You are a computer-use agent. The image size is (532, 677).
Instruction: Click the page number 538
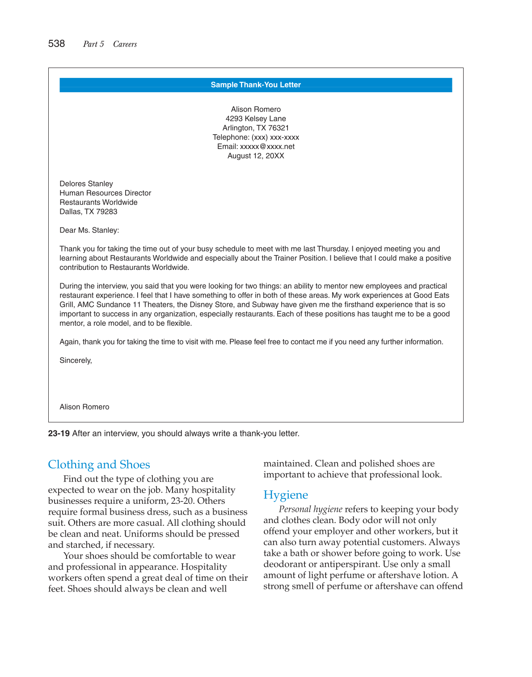coord(56,44)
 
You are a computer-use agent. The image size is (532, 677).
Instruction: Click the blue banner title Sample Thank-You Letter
coord(256,85)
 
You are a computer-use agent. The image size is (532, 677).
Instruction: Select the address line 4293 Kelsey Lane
coord(256,119)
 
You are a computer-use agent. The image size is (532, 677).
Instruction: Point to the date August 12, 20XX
coord(256,156)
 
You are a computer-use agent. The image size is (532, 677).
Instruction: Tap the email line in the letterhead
coord(256,146)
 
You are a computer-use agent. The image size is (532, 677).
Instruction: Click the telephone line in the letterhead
coord(256,137)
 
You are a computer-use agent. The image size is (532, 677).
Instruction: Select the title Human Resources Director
coord(105,193)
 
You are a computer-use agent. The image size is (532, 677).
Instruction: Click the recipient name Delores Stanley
coord(86,183)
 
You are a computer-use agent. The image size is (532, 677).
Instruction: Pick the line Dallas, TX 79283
coord(89,212)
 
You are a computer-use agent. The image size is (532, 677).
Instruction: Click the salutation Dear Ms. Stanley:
coord(89,230)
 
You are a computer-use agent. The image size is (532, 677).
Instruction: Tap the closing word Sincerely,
coord(76,361)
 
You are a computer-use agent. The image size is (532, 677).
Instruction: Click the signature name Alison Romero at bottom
coord(84,407)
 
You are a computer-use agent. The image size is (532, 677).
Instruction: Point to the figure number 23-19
coord(59,434)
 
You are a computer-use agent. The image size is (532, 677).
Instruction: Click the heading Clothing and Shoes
coord(99,464)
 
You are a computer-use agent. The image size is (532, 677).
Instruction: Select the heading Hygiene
coord(286,495)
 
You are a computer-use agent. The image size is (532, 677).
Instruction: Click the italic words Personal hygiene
coord(310,509)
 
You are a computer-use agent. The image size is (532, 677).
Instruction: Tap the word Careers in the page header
coord(125,44)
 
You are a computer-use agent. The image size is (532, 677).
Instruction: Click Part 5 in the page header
coord(93,44)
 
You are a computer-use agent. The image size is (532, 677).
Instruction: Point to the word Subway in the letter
coord(265,305)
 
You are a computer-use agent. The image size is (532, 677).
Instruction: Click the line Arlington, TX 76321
coord(256,128)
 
